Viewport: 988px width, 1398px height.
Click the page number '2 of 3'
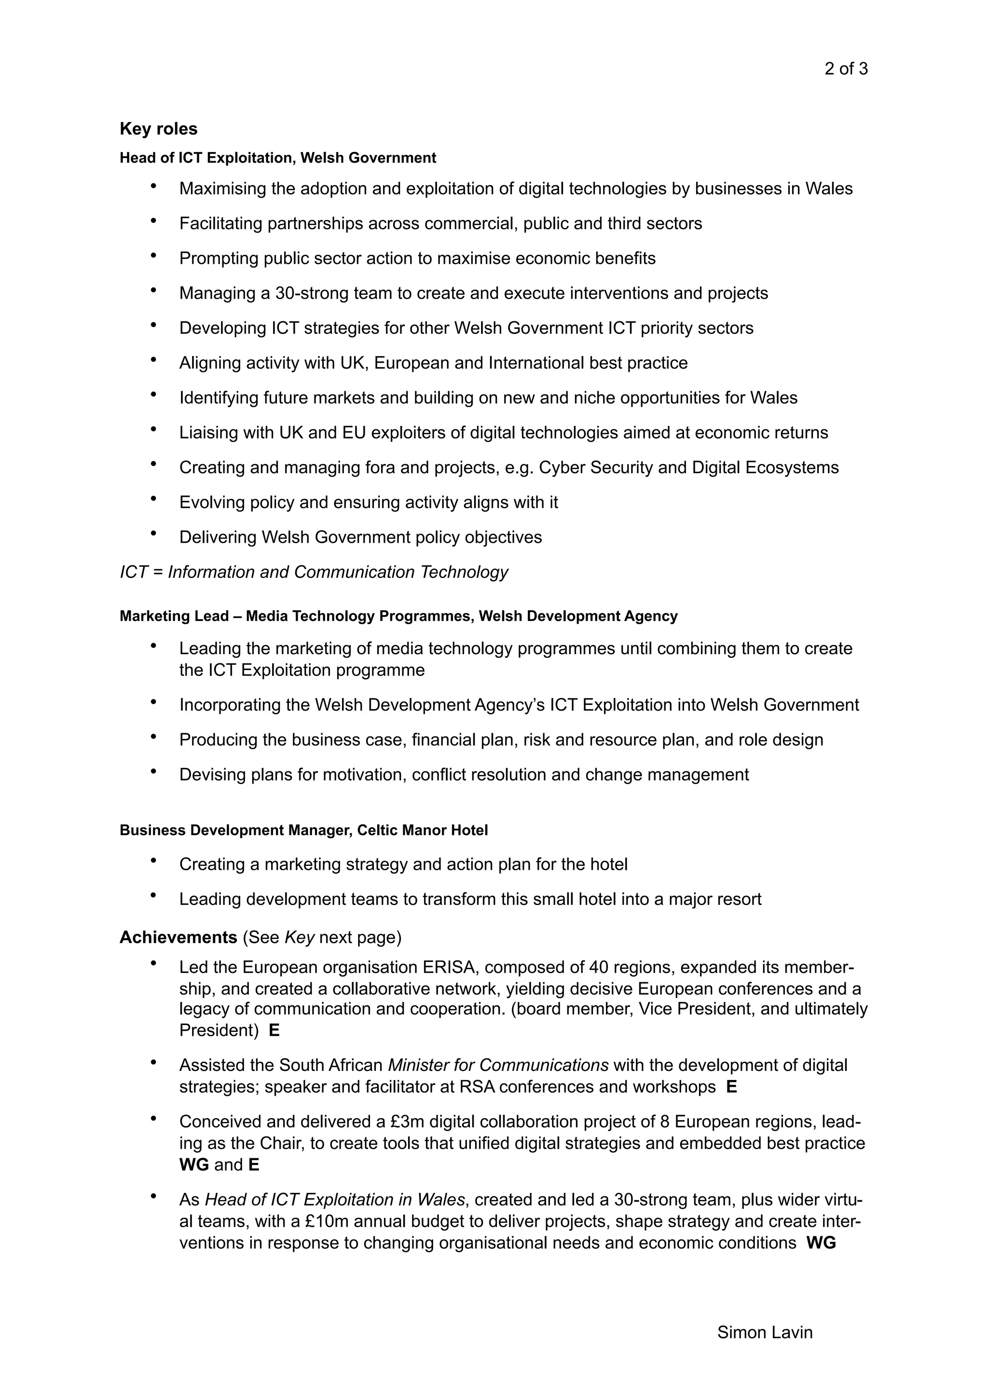pos(846,69)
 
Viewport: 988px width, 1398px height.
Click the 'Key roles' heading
pos(158,129)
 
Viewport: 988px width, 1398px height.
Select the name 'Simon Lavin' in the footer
pos(765,1332)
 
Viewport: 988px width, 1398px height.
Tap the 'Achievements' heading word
pos(178,937)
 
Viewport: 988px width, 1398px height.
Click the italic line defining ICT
pos(314,572)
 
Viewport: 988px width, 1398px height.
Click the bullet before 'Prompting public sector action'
pos(153,256)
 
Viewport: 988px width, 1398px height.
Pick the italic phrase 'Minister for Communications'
pos(498,1065)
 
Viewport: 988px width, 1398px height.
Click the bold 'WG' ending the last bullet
pos(821,1243)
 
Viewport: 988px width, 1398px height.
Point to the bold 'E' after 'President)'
pos(274,1030)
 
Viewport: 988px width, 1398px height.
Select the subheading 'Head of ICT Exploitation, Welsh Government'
pos(277,158)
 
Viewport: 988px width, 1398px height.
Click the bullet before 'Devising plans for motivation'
pos(153,772)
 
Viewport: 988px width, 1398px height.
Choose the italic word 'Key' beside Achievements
pos(299,937)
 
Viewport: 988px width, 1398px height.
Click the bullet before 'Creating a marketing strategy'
pos(153,862)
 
